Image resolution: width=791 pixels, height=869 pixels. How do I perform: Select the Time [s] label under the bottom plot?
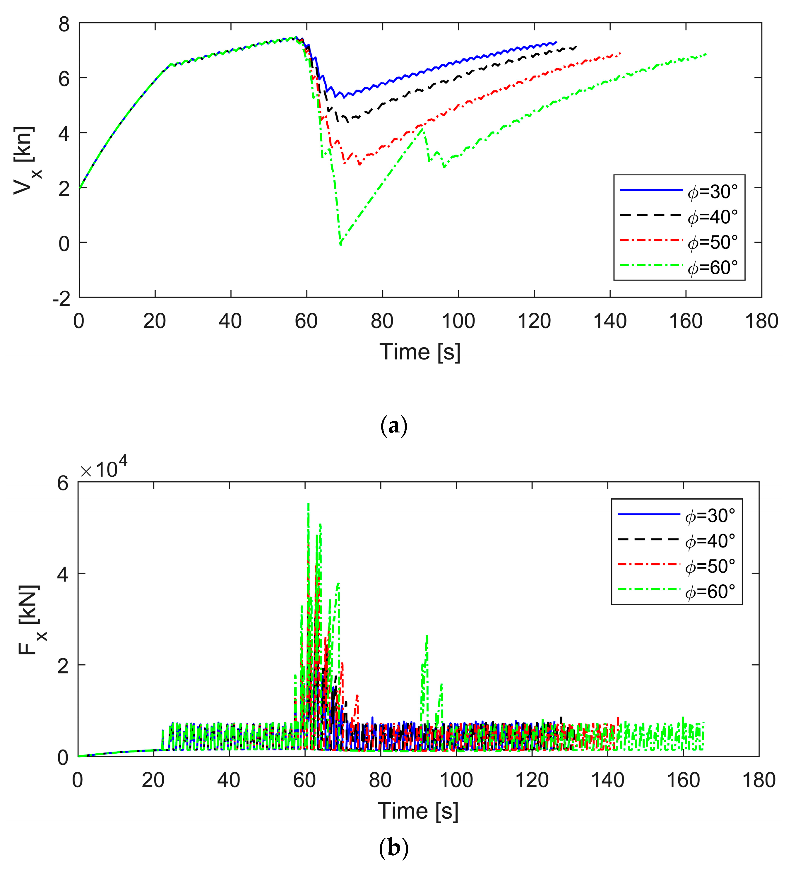coord(418,811)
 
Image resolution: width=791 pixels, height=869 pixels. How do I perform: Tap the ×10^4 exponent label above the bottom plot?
coord(103,468)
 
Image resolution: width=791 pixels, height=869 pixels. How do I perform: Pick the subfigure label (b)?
coord(393,848)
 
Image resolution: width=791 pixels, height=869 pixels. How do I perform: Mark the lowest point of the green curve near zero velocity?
coord(340,244)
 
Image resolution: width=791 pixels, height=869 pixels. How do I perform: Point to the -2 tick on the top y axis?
coord(61,299)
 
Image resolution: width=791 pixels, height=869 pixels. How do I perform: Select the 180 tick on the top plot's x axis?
coord(761,321)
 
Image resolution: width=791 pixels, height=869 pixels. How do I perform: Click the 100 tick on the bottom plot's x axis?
coord(456,781)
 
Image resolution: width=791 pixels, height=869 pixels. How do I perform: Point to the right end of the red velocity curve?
coord(620,53)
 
